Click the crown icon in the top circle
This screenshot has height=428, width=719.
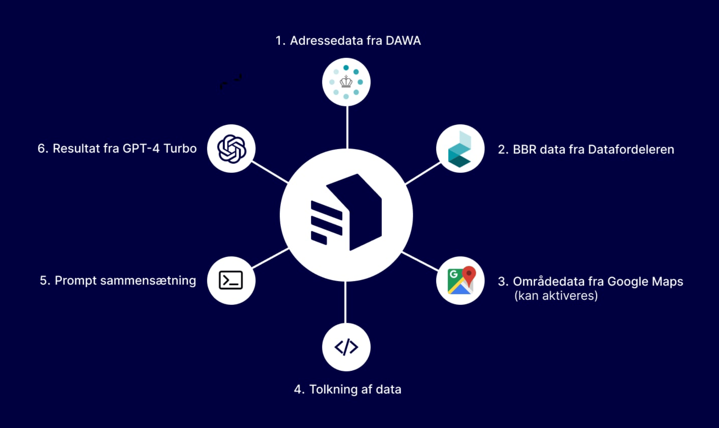(x=346, y=81)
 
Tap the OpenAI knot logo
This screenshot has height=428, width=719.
(x=232, y=149)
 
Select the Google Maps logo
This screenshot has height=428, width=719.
(x=461, y=281)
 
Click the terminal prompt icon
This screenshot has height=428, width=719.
(x=231, y=280)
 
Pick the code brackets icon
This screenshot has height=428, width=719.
(x=346, y=347)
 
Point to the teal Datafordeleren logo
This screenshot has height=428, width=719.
(x=460, y=149)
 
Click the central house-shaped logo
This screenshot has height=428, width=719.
(x=346, y=215)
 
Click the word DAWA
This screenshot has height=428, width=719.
(x=403, y=41)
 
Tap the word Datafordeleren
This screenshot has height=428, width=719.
(x=631, y=149)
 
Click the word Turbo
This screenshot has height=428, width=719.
(x=180, y=148)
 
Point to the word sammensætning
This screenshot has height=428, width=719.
(x=148, y=281)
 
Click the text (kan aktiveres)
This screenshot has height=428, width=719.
(x=556, y=295)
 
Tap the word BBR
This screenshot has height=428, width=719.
(x=524, y=149)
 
